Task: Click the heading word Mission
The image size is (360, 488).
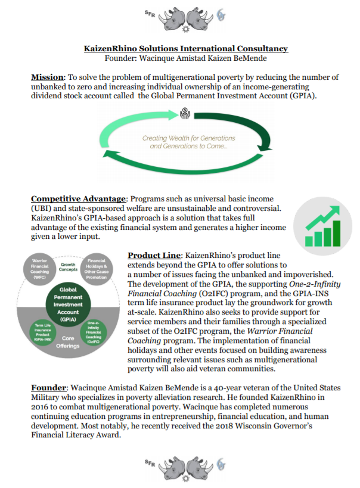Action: (47, 77)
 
